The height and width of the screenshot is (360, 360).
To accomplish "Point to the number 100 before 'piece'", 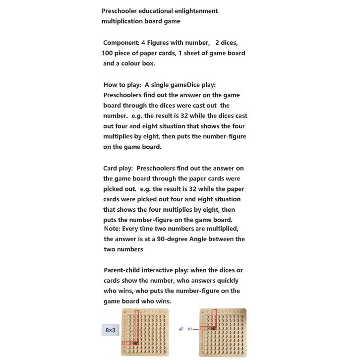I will (109, 53).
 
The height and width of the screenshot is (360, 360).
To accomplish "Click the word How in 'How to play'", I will (111, 85).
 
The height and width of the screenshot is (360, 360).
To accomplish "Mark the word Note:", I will (113, 229).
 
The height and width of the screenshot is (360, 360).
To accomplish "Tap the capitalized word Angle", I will (204, 239).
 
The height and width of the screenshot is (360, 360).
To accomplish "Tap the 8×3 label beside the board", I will (110, 330).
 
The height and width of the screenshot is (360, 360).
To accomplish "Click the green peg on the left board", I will (136, 343).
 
